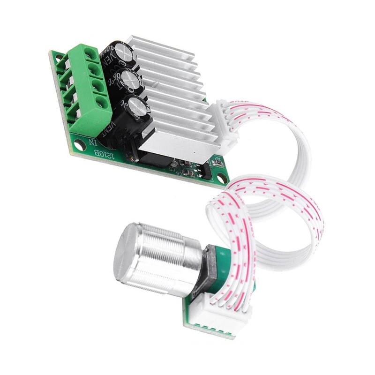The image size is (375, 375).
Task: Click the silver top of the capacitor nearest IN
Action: click(139, 106)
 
